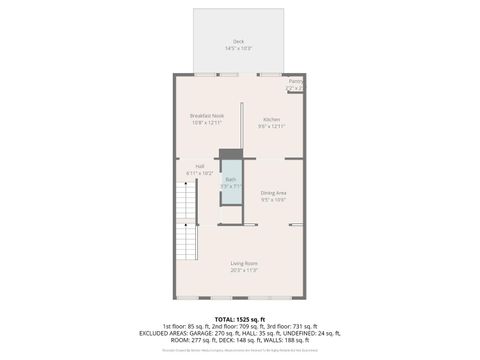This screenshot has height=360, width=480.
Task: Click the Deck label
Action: pos(238,41)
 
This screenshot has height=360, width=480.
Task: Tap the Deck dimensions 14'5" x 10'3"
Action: pos(238,48)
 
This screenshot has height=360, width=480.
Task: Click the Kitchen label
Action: pos(272,119)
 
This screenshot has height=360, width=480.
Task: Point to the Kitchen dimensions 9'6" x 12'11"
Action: pos(272,126)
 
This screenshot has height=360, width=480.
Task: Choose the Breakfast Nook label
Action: pos(207,116)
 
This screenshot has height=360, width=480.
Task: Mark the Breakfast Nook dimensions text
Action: pos(207,123)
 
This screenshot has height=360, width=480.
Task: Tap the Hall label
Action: pos(200,166)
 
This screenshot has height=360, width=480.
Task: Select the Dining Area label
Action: pos(274,192)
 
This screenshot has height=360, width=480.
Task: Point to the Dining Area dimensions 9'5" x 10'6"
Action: pos(274,199)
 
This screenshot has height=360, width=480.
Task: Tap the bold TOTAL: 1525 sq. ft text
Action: pos(240,319)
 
